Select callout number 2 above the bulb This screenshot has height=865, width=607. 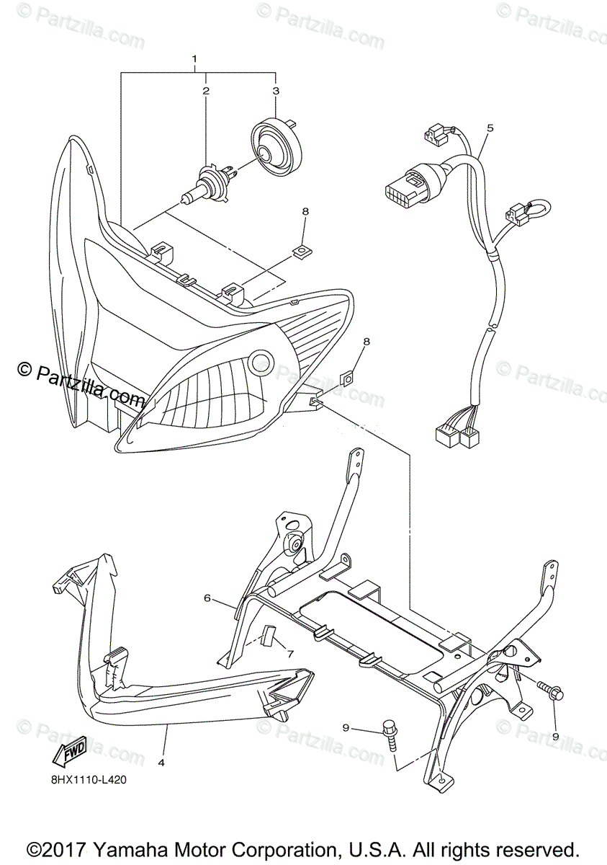click(206, 91)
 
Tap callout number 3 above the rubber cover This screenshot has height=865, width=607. click(275, 91)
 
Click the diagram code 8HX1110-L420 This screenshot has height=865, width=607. click(88, 778)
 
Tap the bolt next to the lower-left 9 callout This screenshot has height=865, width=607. click(390, 732)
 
